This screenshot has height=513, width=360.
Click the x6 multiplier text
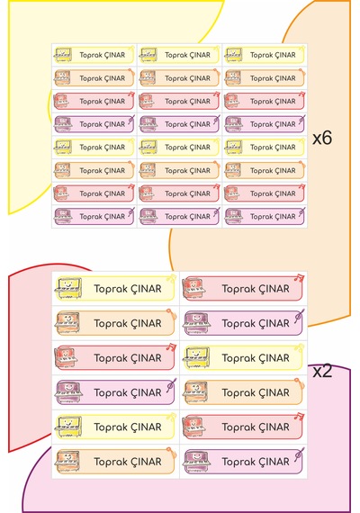(322, 138)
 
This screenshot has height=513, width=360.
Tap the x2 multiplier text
(322, 371)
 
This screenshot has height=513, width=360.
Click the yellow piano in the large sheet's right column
(196, 357)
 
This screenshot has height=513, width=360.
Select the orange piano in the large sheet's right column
(195, 392)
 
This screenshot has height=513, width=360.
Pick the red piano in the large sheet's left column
(67, 357)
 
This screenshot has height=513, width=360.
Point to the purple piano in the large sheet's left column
(68, 392)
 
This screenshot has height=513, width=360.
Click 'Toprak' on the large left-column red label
(110, 358)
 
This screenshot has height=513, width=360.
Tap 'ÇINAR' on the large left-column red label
(147, 358)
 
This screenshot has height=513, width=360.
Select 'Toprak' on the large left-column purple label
(110, 393)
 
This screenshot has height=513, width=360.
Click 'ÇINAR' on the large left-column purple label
(147, 393)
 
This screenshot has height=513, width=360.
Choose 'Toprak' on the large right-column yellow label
(238, 358)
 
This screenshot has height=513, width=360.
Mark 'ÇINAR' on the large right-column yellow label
(274, 358)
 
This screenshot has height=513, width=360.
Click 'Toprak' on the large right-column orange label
(238, 393)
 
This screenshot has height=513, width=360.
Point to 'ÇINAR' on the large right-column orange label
(274, 393)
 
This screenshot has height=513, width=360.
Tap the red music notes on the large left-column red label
(171, 346)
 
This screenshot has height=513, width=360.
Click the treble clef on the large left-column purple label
(171, 385)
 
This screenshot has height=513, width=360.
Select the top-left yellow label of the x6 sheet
(94, 55)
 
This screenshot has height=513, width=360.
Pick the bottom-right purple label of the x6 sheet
(265, 217)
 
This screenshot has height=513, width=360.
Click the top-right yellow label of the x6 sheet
(265, 55)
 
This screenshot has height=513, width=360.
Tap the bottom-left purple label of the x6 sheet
(94, 217)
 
